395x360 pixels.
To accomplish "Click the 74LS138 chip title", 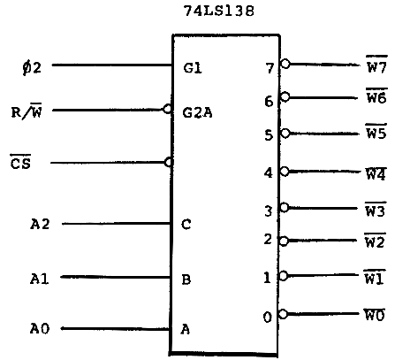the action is (x=219, y=11).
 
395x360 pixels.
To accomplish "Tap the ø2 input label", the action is (x=32, y=68).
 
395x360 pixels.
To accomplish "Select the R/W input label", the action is (x=27, y=111).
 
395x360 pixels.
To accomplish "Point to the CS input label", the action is (x=20, y=162).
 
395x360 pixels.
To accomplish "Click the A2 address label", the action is (x=40, y=224).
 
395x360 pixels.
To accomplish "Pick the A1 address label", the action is (x=39, y=279).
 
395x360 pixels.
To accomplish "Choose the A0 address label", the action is (x=40, y=329).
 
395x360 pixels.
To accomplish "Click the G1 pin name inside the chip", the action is (x=193, y=68).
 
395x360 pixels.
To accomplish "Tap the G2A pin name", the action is (x=197, y=112).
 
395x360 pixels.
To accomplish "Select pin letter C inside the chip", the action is (x=186, y=225).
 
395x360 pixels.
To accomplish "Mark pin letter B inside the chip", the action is (x=186, y=280).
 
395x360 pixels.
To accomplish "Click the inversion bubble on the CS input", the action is (x=169, y=162).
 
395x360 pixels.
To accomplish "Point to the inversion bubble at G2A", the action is (x=167, y=109).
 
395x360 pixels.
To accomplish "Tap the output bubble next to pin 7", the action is (x=285, y=64).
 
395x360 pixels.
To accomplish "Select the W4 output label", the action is (x=376, y=173).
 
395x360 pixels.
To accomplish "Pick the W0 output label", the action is (x=375, y=314).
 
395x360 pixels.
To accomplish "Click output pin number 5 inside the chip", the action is (x=269, y=135).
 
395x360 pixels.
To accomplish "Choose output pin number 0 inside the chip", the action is (x=268, y=318).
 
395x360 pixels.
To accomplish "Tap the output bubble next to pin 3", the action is (x=284, y=207).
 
